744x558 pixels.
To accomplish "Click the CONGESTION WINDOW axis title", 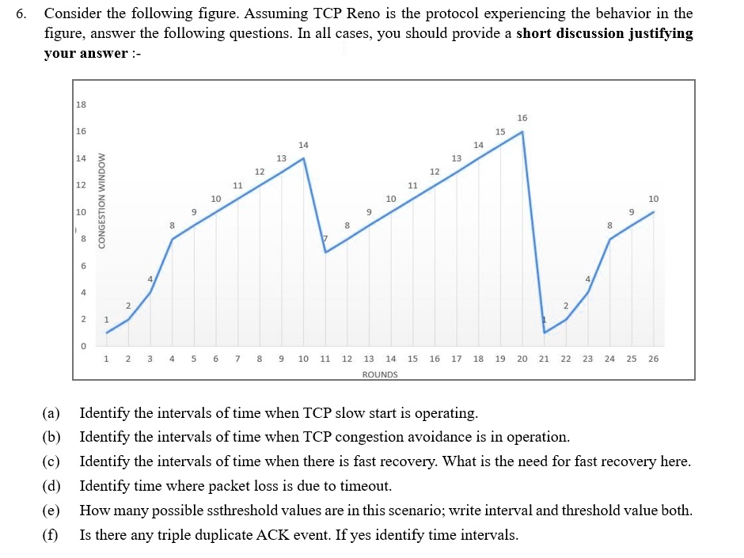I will [x=102, y=200].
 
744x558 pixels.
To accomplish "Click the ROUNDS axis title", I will [x=380, y=374].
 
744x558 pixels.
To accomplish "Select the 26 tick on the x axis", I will [x=653, y=359].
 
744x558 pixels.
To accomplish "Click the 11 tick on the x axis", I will [x=325, y=359].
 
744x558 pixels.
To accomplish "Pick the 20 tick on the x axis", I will [x=522, y=359].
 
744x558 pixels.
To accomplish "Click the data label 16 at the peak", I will [x=522, y=118].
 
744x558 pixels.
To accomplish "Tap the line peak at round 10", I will [x=304, y=158].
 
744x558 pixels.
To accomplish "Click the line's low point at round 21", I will [x=545, y=332].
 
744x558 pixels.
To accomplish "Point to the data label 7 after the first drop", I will [x=324, y=239].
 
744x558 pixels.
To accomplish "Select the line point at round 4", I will [x=173, y=239].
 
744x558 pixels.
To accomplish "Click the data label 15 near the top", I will [x=500, y=131].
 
